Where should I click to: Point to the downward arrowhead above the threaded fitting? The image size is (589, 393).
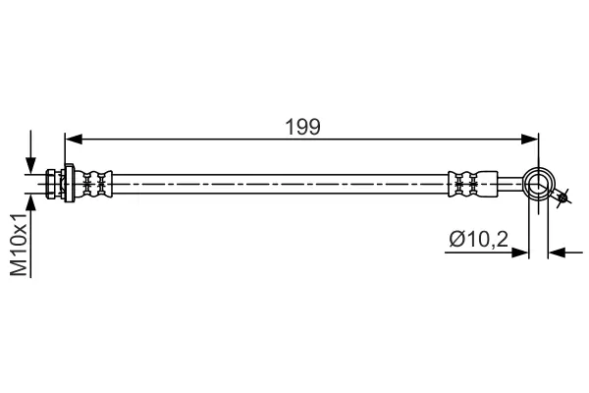click(x=33, y=166)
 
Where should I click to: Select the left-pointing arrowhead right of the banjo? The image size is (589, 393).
click(x=556, y=253)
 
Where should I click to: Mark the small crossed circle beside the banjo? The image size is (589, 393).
click(x=563, y=200)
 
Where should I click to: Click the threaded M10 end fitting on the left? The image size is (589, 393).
click(x=53, y=183)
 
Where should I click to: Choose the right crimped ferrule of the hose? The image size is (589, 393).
click(x=466, y=183)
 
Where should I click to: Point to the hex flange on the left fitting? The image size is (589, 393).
click(x=69, y=183)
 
